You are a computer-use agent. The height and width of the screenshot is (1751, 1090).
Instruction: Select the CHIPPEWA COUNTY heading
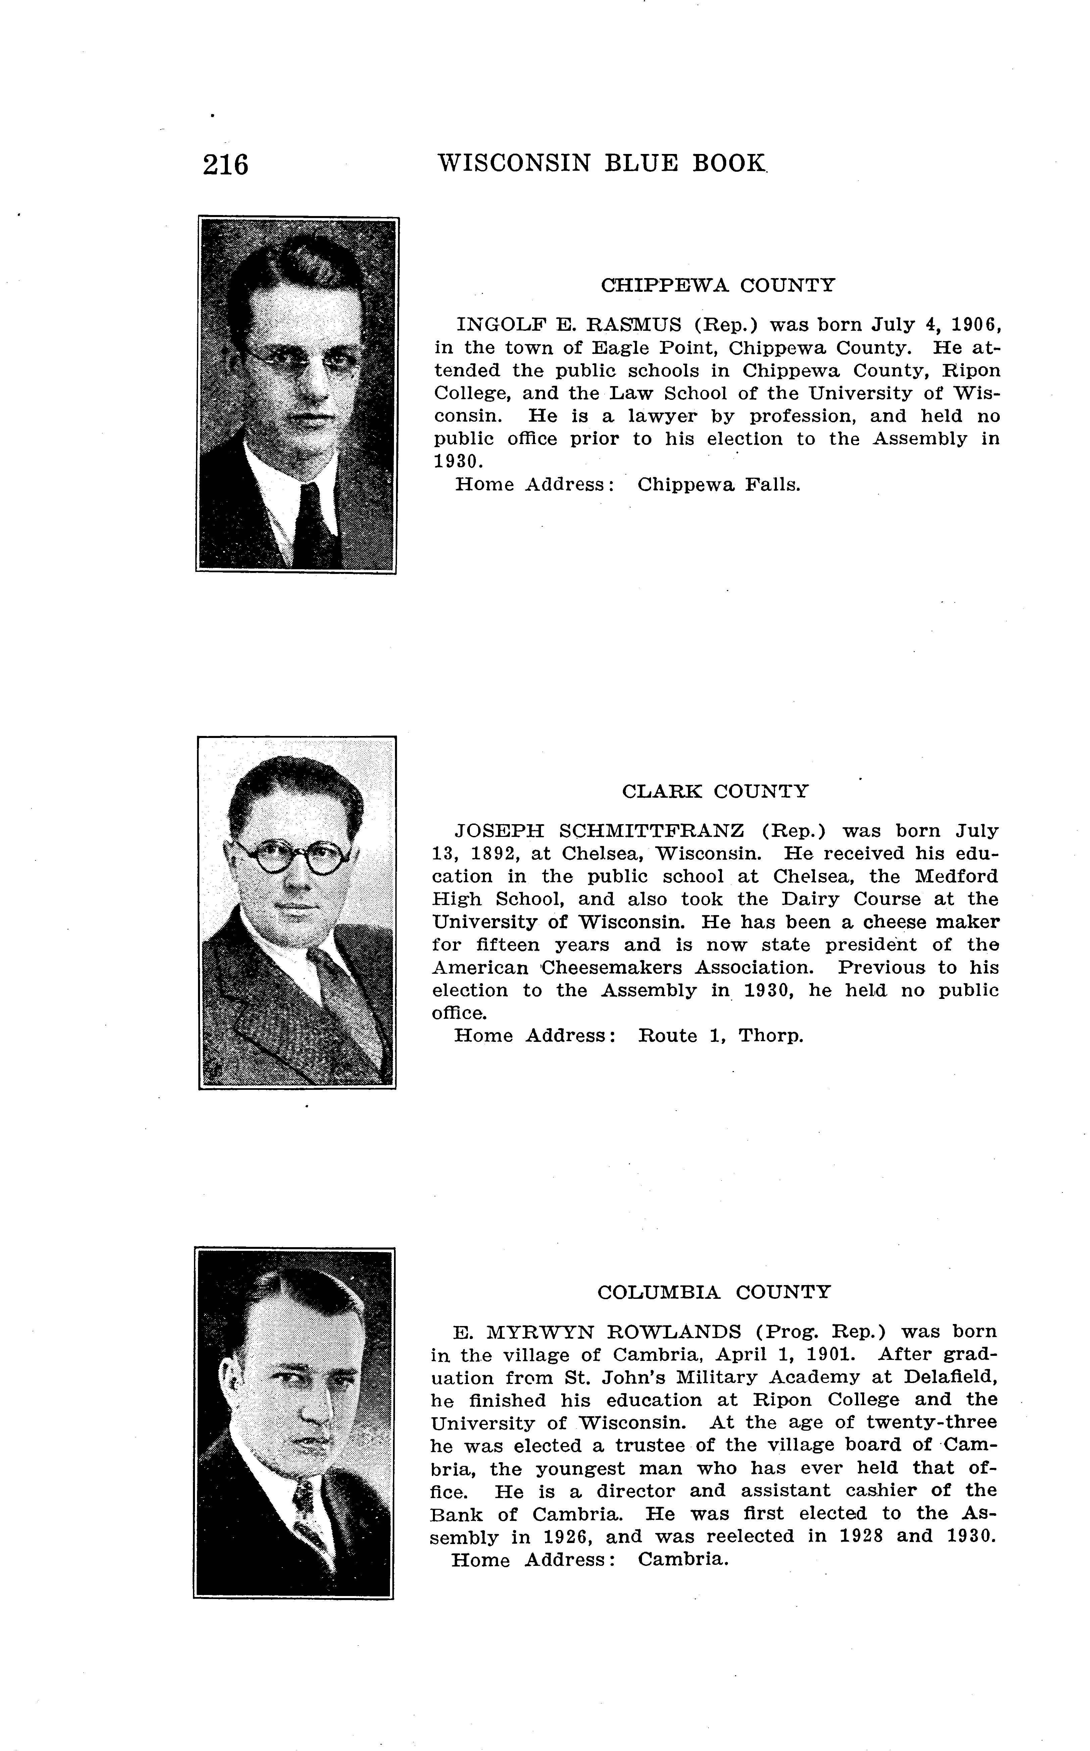pos(718,285)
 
